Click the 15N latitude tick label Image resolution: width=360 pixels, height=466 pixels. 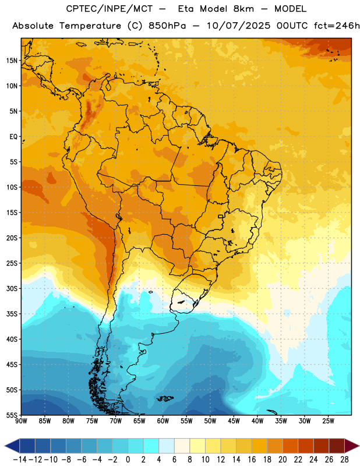pos(12,61)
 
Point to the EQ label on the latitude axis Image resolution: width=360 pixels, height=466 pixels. pos(13,137)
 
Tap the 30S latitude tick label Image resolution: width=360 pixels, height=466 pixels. pos(12,288)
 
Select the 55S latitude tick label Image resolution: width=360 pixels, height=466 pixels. pos(12,415)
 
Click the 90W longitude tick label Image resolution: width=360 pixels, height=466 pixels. pos(21,421)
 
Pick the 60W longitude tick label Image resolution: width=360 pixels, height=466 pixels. pos(163,421)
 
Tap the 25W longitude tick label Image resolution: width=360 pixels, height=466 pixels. pos(328,421)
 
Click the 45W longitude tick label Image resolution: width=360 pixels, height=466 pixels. pos(234,421)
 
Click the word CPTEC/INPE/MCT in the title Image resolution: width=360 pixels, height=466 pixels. pos(110,9)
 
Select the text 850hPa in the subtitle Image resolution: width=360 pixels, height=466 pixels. pos(167,26)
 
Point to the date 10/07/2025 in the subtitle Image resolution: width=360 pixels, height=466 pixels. pos(238,26)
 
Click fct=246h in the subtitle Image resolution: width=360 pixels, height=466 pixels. pos(337,26)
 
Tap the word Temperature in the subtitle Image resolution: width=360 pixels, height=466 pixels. pos(90,26)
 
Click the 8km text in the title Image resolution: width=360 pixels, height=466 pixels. pos(243,9)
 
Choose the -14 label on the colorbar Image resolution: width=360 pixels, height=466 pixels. pos(20,460)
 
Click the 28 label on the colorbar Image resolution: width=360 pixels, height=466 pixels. pos(344,460)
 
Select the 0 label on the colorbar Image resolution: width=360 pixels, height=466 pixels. pos(128,460)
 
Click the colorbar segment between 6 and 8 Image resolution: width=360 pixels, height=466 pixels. pos(182,446)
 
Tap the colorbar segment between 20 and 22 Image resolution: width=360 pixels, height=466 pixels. pos(291,446)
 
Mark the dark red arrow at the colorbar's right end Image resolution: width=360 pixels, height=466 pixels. pos(351,446)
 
